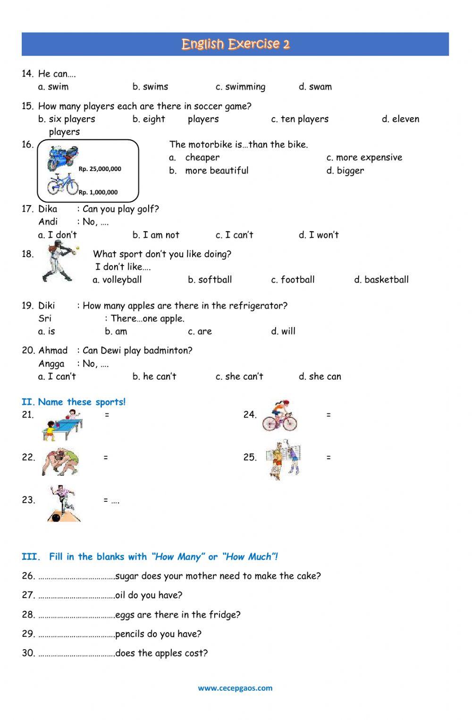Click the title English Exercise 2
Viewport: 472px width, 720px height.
[x=235, y=44]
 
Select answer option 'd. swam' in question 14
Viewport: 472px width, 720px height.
[x=315, y=87]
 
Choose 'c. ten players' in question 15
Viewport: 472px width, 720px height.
[x=300, y=119]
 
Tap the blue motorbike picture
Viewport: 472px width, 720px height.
[x=62, y=158]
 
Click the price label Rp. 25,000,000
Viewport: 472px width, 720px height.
[x=100, y=169]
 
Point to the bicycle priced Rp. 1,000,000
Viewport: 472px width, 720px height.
[x=62, y=184]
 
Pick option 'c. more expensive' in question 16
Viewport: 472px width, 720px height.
[x=364, y=158]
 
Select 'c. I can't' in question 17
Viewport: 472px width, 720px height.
[x=234, y=235]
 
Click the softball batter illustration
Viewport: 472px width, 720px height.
[x=59, y=263]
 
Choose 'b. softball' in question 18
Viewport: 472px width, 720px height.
[x=210, y=280]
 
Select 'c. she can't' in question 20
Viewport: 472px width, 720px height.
[x=239, y=377]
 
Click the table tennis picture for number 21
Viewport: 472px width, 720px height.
[x=63, y=424]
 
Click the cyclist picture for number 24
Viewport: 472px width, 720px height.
[x=279, y=416]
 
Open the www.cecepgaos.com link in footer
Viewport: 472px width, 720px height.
[x=235, y=688]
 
